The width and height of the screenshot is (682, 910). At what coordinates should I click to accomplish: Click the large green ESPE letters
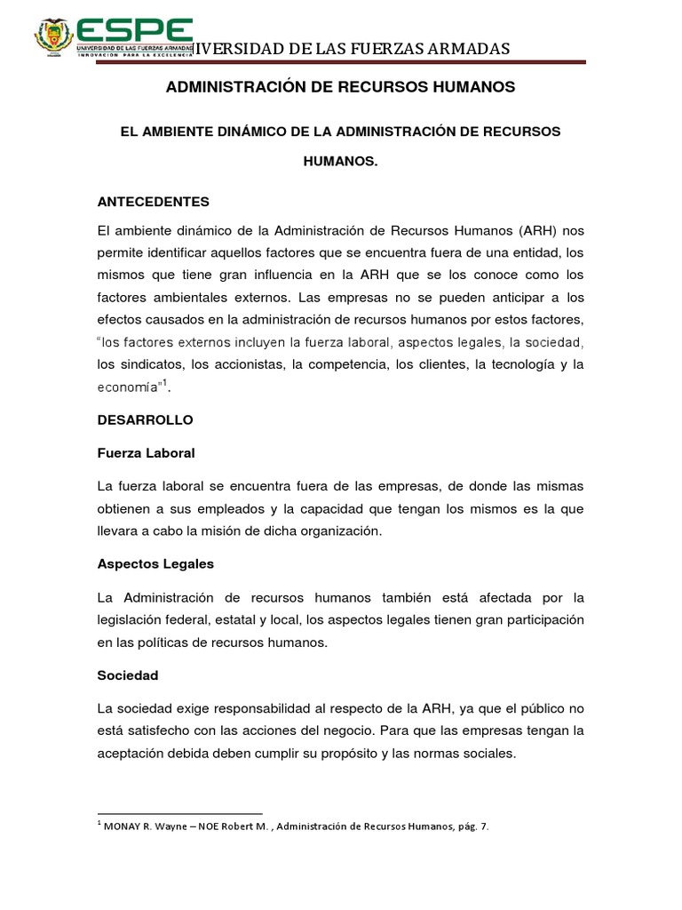pyautogui.click(x=134, y=28)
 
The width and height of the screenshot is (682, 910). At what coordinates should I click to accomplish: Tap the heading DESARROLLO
pyautogui.click(x=144, y=419)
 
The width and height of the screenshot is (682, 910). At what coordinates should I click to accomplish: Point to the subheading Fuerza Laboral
pyautogui.click(x=146, y=453)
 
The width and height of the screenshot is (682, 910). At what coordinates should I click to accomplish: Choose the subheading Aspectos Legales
pyautogui.click(x=155, y=563)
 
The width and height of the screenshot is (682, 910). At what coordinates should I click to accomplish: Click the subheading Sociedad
pyautogui.click(x=128, y=675)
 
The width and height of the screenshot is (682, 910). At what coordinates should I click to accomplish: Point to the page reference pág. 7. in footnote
pyautogui.click(x=469, y=826)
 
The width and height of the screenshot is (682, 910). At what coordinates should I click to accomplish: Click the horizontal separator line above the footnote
pyautogui.click(x=179, y=813)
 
